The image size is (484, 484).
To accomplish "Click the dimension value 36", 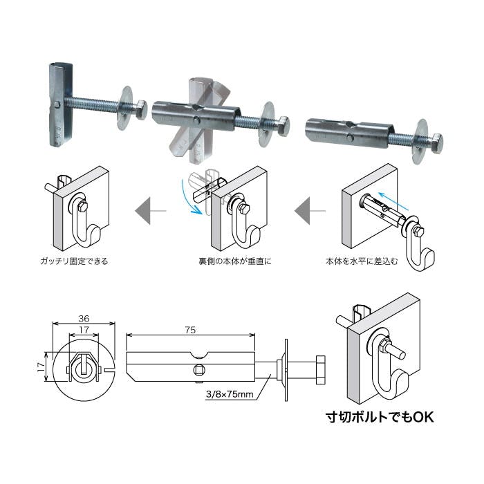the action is [x=84, y=318].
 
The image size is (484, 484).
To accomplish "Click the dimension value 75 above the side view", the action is [x=190, y=330].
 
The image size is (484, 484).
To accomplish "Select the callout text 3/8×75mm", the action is [x=230, y=394].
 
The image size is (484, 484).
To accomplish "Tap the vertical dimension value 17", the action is [x=41, y=366].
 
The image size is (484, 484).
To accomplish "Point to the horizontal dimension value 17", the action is [x=84, y=330].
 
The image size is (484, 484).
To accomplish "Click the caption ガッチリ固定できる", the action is [x=74, y=261].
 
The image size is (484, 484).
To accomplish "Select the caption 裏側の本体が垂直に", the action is [x=235, y=261].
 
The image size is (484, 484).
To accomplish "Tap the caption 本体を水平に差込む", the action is [x=362, y=261].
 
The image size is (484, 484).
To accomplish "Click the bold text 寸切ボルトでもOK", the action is [x=380, y=417].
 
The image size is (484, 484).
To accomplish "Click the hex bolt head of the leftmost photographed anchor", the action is [x=141, y=110].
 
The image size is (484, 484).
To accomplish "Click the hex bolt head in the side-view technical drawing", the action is [x=320, y=370].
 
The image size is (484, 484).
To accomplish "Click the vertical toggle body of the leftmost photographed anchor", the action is [x=61, y=104].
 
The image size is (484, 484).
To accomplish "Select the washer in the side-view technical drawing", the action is [x=286, y=370].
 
